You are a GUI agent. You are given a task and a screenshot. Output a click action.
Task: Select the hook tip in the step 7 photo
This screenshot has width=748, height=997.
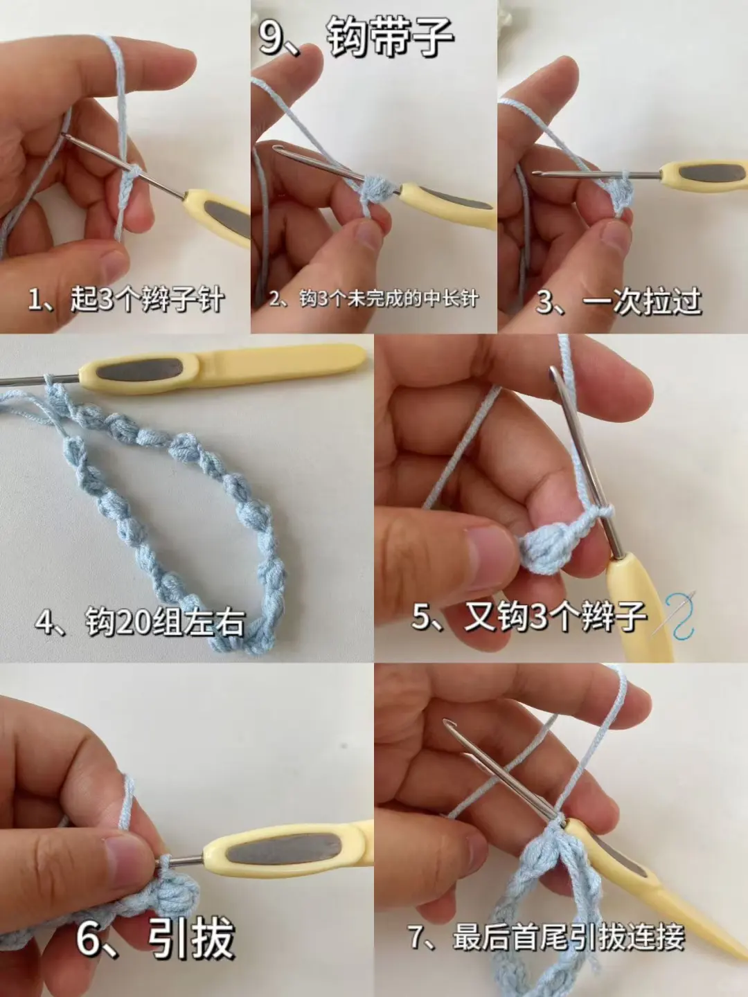(450, 726)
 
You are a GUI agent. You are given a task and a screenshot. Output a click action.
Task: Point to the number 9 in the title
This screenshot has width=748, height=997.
(271, 37)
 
